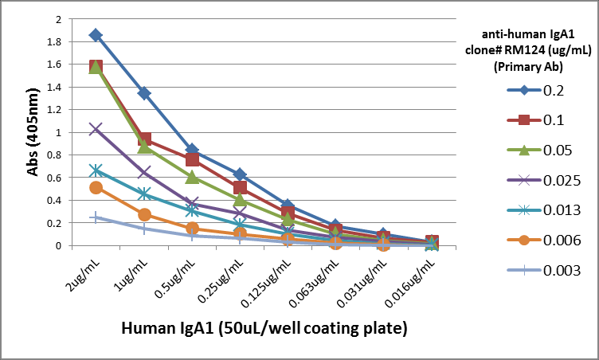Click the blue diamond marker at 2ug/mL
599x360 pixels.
point(96,35)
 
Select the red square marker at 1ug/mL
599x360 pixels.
point(144,139)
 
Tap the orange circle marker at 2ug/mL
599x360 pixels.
point(96,188)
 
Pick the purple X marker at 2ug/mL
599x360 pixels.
point(96,129)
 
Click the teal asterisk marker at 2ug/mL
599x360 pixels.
point(96,170)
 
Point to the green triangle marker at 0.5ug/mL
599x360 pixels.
point(192,177)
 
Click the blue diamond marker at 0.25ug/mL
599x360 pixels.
point(240,174)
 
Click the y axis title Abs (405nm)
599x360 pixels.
point(33,131)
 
